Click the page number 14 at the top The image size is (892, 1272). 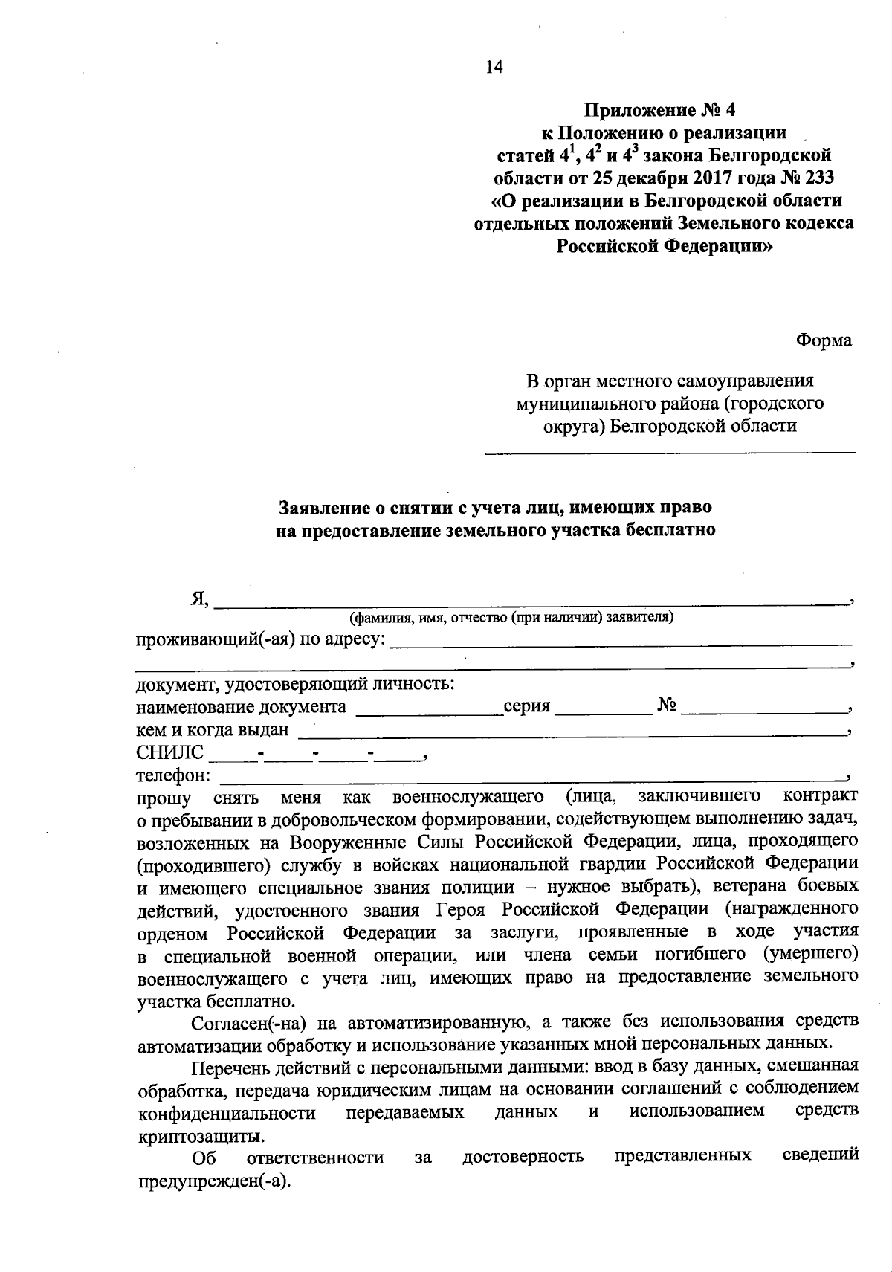point(494,68)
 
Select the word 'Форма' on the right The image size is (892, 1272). point(824,340)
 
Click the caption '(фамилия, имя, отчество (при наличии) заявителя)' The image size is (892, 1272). point(513,617)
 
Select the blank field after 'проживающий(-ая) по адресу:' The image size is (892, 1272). point(621,642)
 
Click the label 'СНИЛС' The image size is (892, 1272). point(169,752)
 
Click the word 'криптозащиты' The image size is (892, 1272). point(200,1137)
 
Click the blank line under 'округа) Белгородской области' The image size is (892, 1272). point(670,451)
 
